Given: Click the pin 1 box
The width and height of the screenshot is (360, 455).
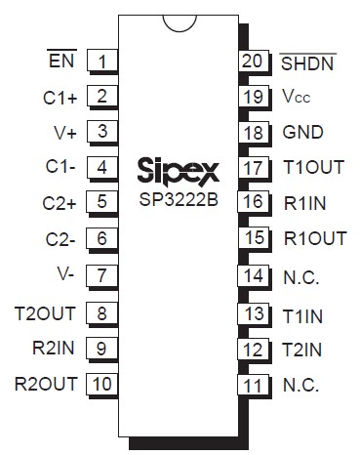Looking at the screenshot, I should pos(101,61).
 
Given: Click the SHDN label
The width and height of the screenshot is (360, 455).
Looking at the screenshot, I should pos(307,64).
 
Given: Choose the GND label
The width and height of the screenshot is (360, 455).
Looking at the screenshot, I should pos(302,133).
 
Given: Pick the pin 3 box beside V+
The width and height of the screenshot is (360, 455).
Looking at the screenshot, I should pos(101,131).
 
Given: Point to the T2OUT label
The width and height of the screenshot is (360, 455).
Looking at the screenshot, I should pos(46,312).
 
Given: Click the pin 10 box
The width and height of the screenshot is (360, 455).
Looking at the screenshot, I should pos(101,383).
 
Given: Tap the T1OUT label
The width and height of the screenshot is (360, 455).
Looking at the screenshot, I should pos(312,167).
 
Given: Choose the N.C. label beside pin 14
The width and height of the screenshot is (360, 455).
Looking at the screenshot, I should pos(300,276).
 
